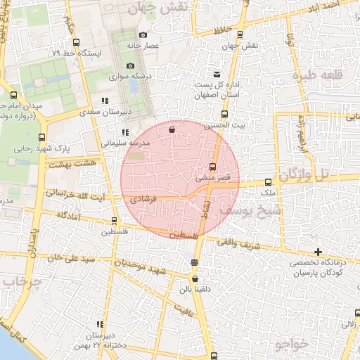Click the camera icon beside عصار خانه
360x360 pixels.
[143, 35]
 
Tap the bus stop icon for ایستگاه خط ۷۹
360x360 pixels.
[76, 43]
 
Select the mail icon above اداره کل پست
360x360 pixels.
[217, 75]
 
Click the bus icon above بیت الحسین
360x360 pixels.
[225, 115]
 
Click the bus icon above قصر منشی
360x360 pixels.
[214, 167]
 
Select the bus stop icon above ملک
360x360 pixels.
[268, 182]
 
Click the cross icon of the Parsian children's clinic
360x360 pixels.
[319, 251]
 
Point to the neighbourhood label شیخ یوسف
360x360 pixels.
[250, 209]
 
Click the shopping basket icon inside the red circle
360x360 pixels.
[172, 129]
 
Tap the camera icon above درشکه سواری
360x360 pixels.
[130, 65]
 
